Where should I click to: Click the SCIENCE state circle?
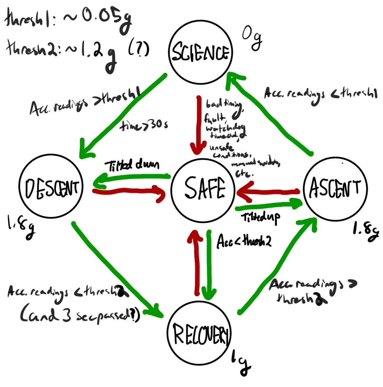200,52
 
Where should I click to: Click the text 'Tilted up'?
261,218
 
